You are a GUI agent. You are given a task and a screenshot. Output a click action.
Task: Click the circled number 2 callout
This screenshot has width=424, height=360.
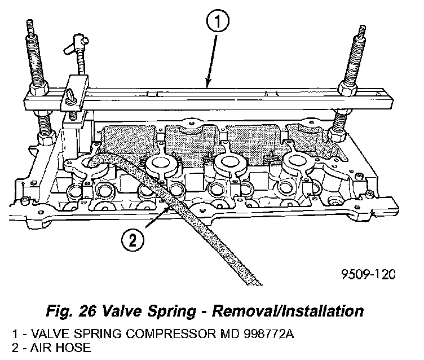coord(131,242)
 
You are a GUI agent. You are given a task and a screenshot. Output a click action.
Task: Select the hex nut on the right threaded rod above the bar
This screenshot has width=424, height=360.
coord(347,87)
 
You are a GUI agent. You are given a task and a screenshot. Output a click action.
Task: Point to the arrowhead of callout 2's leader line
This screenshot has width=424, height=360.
coord(167,207)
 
